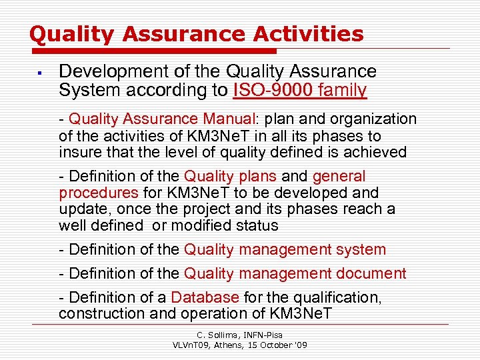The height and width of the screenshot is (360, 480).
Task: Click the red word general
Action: pos(339,177)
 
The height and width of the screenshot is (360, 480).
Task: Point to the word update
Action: pos(81,209)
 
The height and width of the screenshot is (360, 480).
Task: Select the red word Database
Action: pos(205,297)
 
